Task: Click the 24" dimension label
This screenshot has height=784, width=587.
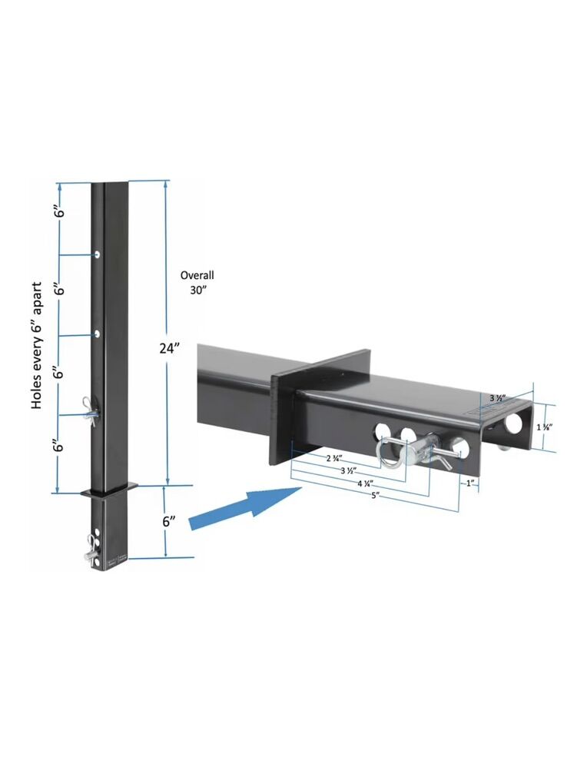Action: click(x=169, y=347)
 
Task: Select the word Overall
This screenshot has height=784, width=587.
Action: click(x=197, y=275)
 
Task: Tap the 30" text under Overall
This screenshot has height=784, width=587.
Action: click(x=198, y=291)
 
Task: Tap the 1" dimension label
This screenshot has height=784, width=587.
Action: click(x=469, y=483)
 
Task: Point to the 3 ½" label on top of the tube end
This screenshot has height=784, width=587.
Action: click(x=498, y=398)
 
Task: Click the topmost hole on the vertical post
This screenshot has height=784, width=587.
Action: click(x=98, y=254)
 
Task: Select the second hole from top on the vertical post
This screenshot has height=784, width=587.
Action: click(x=98, y=334)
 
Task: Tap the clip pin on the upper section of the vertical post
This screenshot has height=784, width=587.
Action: click(x=91, y=407)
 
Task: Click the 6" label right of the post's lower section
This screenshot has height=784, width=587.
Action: click(x=170, y=521)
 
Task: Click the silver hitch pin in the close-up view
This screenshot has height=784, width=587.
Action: click(x=421, y=449)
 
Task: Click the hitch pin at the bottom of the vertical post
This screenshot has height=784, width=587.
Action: click(x=95, y=543)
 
